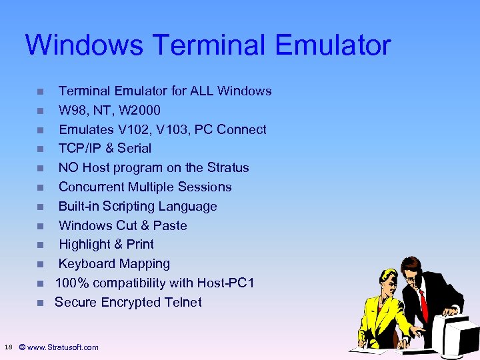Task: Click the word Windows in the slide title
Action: coord(84,45)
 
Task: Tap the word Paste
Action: coord(170,225)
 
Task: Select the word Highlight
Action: coord(87,244)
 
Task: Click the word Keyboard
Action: coord(86,263)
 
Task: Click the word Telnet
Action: coord(180,302)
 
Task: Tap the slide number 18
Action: coord(7,347)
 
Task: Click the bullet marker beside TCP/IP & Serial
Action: coord(40,149)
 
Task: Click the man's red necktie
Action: coord(423,303)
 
